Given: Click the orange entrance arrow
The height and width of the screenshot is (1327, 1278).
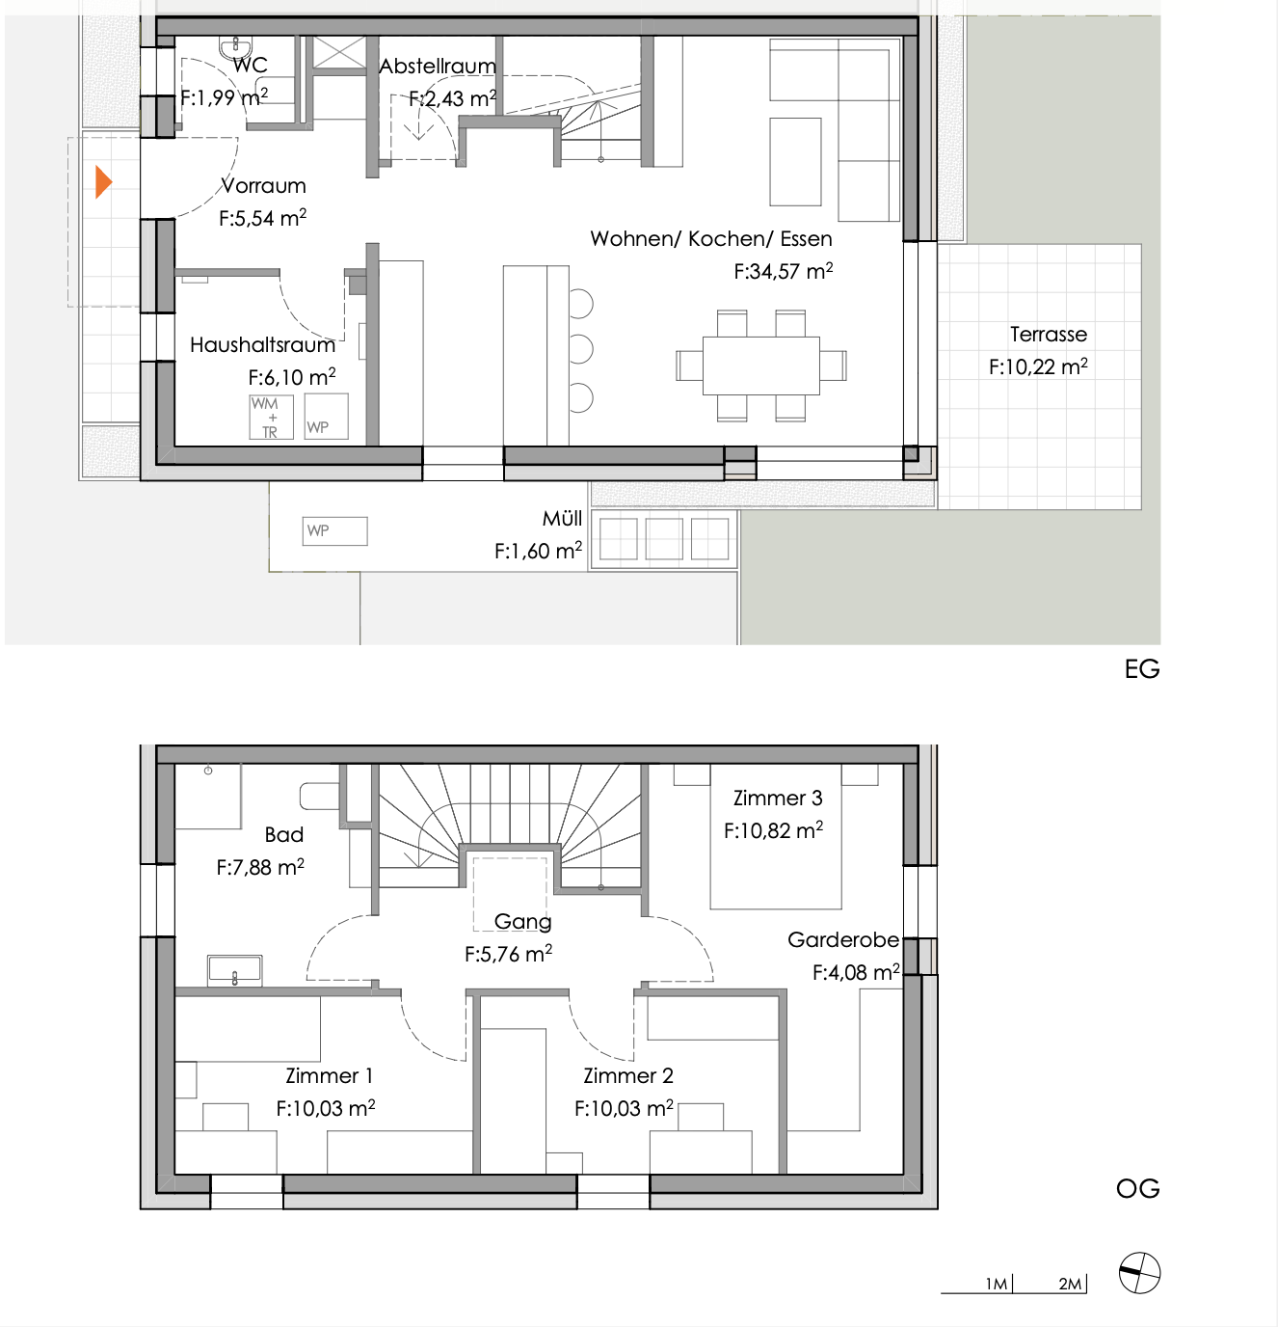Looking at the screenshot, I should [x=103, y=181].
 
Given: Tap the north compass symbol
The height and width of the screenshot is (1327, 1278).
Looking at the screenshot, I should [x=1139, y=1273].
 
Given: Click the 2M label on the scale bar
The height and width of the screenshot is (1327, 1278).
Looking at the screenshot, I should [x=1069, y=1284].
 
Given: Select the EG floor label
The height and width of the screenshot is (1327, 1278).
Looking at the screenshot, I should [x=1141, y=669].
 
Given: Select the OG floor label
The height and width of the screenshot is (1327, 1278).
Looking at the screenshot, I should [x=1137, y=1188].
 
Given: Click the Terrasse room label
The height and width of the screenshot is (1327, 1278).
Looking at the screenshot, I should [x=1048, y=335].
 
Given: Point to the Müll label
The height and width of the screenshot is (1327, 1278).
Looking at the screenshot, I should [x=562, y=519].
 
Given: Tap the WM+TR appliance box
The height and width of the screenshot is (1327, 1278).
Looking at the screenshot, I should [x=270, y=417].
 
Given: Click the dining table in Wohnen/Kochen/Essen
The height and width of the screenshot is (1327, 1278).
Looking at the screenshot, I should [x=760, y=366].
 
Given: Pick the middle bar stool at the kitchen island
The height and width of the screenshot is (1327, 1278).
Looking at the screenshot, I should [x=580, y=349].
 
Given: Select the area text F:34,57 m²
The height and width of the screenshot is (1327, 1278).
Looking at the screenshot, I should [x=783, y=272].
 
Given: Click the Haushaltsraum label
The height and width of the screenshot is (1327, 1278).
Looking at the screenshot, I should [x=262, y=345].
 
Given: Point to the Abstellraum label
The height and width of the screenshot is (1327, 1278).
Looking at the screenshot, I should [x=438, y=67].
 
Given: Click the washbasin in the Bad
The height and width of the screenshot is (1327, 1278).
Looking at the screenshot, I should [x=234, y=969].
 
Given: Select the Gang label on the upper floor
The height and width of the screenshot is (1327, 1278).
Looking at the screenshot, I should [x=522, y=922].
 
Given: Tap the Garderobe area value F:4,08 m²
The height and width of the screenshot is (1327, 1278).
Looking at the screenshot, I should [x=855, y=972].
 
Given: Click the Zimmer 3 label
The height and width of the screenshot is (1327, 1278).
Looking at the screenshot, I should [x=778, y=799].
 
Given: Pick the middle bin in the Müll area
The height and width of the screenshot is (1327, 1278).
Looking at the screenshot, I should [x=663, y=539].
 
